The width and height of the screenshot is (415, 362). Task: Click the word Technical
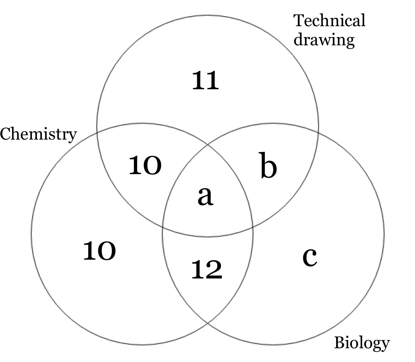[x=329, y=20]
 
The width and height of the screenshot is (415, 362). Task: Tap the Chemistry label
[x=38, y=134]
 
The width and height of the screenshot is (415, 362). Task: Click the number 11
[x=205, y=81]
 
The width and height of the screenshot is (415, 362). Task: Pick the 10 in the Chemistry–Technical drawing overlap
[x=145, y=165]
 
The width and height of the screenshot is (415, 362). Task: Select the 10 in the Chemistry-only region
[x=99, y=251]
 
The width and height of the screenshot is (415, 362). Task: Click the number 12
[x=206, y=270]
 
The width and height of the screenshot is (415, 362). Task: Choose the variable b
[x=269, y=165]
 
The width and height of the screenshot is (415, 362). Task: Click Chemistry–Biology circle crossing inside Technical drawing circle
[x=207, y=145]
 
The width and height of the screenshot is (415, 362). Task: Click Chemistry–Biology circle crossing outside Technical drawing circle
[x=207, y=322]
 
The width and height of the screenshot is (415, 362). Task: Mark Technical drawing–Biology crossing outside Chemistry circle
[x=318, y=133]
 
